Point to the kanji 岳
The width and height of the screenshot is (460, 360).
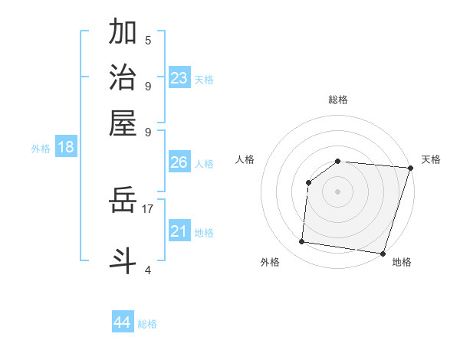(123, 201)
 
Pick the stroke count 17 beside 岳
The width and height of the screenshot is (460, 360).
(148, 208)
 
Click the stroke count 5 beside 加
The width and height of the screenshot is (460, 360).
(148, 40)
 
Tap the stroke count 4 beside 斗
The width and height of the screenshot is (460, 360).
(148, 270)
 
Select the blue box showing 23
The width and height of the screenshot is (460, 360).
(179, 78)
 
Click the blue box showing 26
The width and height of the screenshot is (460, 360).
(179, 162)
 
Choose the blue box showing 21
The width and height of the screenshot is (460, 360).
(179, 231)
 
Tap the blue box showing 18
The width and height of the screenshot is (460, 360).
(65, 147)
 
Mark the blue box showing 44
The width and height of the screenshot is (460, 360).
(122, 322)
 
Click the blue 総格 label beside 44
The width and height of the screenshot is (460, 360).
(147, 324)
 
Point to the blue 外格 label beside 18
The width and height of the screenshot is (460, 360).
(41, 149)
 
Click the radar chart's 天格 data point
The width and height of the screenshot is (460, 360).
(410, 168)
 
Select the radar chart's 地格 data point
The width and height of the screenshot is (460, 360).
(382, 254)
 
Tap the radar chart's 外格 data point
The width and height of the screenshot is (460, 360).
(302, 242)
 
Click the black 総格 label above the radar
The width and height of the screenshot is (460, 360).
(337, 100)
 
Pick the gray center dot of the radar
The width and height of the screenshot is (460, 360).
(337, 191)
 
